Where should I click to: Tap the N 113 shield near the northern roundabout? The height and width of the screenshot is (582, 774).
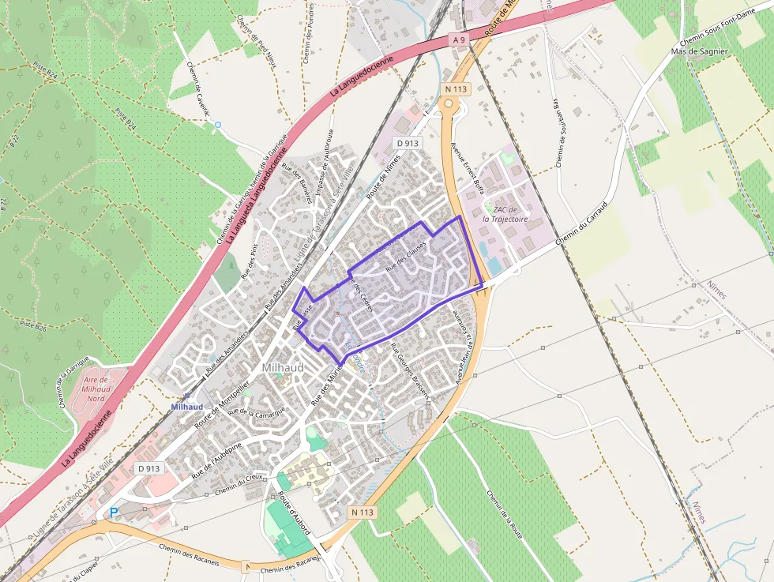pyautogui.click(x=452, y=89)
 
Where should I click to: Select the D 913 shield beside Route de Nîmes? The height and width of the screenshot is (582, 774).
pyautogui.click(x=408, y=143)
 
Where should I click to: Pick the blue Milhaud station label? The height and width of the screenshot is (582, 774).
pyautogui.click(x=187, y=407)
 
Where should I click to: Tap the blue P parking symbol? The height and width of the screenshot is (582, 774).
pyautogui.click(x=114, y=513)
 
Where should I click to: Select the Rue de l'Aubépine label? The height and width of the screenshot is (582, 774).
pyautogui.click(x=216, y=464)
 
